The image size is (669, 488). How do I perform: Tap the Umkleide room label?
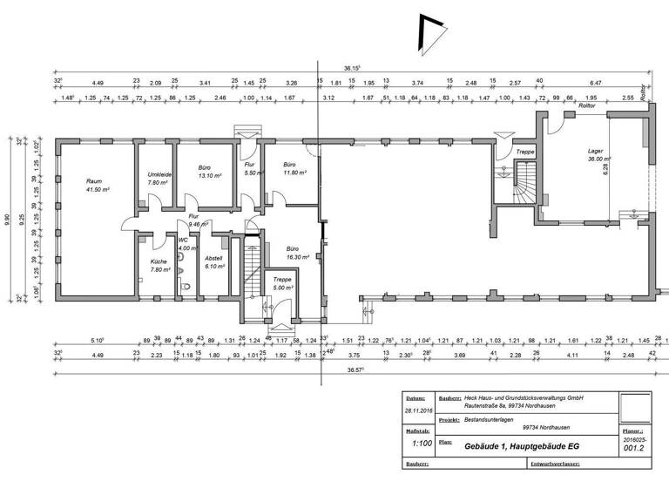click(159, 179)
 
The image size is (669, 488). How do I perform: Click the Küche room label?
click(158, 265)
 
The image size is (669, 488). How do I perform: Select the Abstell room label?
click(214, 262)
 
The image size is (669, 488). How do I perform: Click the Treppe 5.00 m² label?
click(282, 283)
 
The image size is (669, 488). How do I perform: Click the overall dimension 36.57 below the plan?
click(328, 369)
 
